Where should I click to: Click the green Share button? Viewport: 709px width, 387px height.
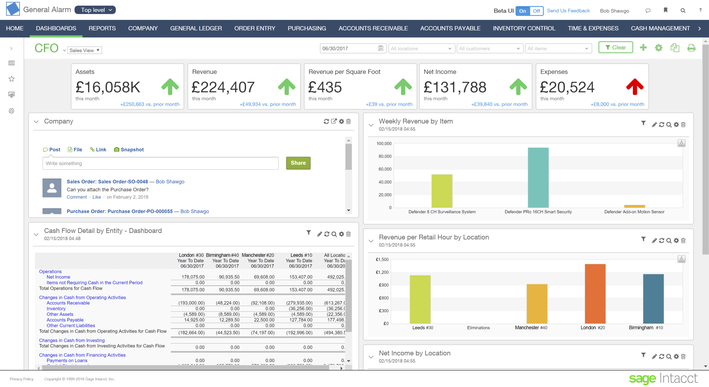coord(298,163)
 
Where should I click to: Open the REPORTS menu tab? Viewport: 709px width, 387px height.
coord(102,28)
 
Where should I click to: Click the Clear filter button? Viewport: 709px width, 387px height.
coord(615,48)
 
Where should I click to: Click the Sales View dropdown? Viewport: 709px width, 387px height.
coord(84,50)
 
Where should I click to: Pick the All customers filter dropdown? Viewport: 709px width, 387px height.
coord(489,49)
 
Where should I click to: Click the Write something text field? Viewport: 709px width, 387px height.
coord(160,163)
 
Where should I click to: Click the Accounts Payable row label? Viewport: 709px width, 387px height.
coord(65,320)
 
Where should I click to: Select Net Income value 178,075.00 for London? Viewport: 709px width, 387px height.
coord(193,277)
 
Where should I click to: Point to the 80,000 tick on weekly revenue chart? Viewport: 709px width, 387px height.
coord(385,156)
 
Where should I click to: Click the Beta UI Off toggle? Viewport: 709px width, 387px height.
coord(536,11)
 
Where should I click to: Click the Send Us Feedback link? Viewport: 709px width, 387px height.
coord(568,11)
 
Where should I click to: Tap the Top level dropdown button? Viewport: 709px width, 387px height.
coord(95,10)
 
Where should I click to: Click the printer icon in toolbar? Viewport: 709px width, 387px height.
coord(691,48)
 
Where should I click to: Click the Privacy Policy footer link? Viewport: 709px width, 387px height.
coord(22,379)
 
